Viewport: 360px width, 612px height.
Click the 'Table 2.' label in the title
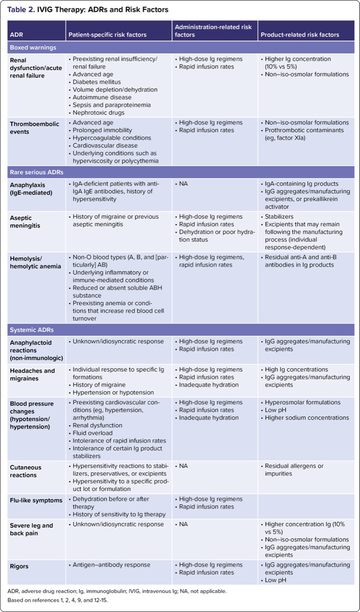21,9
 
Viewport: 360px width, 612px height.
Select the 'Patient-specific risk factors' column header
107,35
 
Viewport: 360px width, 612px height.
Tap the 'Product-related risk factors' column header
300,35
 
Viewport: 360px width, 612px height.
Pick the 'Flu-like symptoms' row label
35,500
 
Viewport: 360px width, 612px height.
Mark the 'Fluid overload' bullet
95,433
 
